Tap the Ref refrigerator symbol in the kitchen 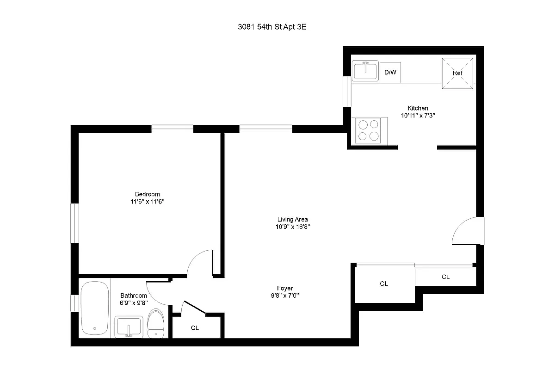457,73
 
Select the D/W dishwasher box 390,73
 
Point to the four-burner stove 369,130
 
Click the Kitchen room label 417,108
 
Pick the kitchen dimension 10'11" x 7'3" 418,116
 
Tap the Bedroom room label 147,194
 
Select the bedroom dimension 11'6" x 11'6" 147,202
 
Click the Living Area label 292,219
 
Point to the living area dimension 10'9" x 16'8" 292,227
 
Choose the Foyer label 285,288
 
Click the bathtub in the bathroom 95,308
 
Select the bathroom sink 129,327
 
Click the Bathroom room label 134,296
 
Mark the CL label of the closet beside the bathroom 195,328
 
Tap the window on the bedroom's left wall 74,223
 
